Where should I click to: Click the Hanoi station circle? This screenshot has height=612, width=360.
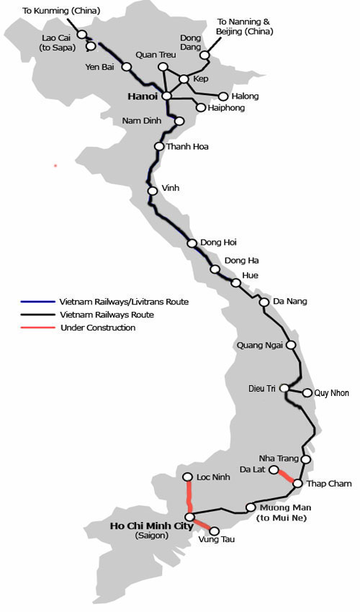coord(166,95)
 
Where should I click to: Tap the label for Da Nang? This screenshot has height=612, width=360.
coord(290,301)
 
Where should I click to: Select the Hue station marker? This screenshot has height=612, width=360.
coord(235,282)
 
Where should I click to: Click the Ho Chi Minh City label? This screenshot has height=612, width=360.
coord(151,526)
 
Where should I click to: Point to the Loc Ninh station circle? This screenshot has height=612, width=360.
coord(187,477)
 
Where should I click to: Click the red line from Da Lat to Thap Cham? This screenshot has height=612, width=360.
coord(286,477)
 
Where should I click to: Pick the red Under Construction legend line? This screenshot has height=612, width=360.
coord(37,328)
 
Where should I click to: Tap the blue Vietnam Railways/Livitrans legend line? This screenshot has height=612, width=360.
coord(37,302)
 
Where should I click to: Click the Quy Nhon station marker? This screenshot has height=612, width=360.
coord(307,393)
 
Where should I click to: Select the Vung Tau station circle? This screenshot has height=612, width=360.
coord(213,531)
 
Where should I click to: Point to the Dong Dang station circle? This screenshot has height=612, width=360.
coord(204,55)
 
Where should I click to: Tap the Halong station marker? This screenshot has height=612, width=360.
coord(223,96)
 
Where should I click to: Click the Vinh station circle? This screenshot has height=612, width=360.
coord(153,191)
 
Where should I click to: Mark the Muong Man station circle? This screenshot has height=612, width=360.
coord(250,507)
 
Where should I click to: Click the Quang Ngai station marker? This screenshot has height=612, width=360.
coord(291,345)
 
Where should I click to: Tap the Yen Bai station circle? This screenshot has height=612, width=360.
coord(127,67)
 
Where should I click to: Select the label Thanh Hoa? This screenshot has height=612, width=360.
coord(187,146)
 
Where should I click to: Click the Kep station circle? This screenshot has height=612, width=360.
coord(184,79)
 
